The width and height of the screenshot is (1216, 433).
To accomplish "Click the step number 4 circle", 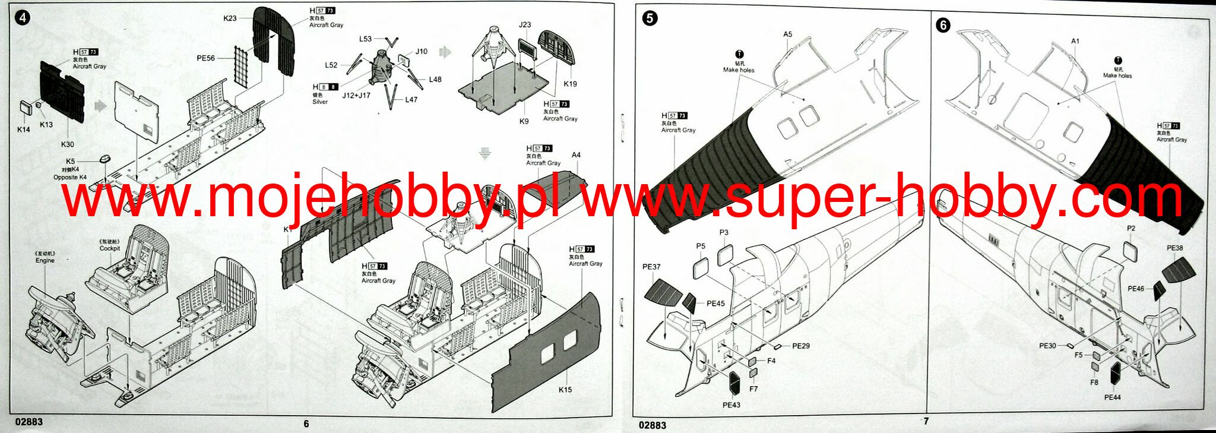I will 23,17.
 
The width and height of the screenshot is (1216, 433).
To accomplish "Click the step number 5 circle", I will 650,18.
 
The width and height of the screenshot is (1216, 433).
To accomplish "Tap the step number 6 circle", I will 943,25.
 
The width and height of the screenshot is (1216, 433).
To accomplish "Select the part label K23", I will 230,18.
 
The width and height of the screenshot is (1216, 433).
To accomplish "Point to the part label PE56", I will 205,58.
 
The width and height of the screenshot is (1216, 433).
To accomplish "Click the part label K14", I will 23,129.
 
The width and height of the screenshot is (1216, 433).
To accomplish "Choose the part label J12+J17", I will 356,96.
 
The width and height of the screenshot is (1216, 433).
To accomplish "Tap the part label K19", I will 570,84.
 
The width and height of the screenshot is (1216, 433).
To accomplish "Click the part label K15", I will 565,390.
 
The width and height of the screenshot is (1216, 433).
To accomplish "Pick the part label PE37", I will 651,267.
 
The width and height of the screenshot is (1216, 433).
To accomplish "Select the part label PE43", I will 731,405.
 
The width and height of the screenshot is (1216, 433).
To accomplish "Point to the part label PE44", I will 1112,397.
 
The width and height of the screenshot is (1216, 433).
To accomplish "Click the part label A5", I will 787,34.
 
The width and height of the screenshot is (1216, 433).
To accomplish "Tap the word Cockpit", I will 110,248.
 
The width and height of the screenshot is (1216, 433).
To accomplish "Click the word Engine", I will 45,261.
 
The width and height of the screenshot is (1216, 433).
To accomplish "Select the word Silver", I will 320,102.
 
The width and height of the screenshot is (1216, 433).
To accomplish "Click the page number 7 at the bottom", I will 926,421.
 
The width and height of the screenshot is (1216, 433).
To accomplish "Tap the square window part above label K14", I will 25,108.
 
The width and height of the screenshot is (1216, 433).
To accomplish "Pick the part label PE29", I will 800,346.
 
